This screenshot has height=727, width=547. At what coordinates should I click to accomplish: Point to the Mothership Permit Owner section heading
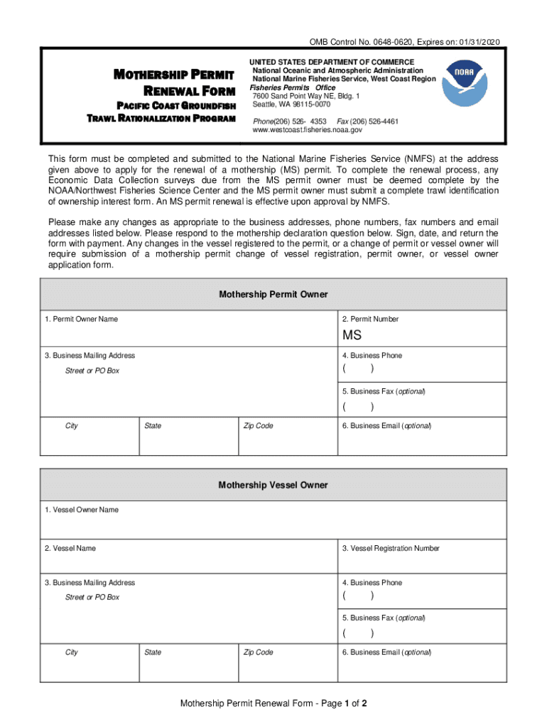pos(273,294)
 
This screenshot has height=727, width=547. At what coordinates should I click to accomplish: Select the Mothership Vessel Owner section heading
pos(273,485)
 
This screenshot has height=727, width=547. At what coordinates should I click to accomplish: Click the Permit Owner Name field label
pos(81,319)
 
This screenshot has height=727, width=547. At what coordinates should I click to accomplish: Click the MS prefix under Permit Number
pos(352,335)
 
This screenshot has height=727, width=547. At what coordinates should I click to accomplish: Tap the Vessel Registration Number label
pos(391,548)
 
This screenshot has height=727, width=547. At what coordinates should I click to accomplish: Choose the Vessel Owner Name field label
pos(81,510)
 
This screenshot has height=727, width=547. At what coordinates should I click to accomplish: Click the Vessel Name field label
pos(70,548)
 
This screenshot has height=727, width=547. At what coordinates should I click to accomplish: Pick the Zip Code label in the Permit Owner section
pos(258,426)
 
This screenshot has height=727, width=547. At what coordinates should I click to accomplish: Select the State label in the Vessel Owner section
pos(153,652)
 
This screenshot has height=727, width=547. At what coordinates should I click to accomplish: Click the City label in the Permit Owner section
pos(72,426)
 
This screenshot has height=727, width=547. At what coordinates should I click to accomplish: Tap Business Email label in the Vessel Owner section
pos(386,652)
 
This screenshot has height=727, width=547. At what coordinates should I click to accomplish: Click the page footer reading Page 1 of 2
pos(273,704)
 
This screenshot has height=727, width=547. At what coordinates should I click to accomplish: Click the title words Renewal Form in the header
pos(189,91)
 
